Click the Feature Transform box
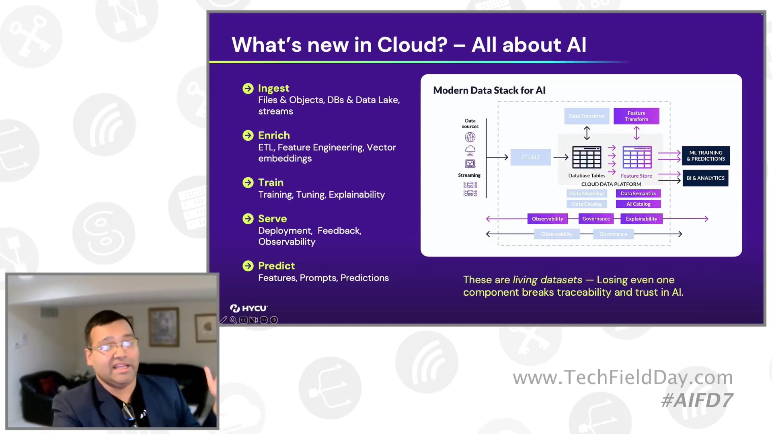pyautogui.click(x=636, y=116)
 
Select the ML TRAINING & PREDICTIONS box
pyautogui.click(x=706, y=156)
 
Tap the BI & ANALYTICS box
pyautogui.click(x=705, y=178)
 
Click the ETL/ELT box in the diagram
pyautogui.click(x=530, y=157)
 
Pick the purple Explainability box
pyautogui.click(x=641, y=219)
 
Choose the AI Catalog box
pyautogui.click(x=638, y=204)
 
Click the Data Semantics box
pyautogui.click(x=638, y=193)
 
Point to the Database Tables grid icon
pyautogui.click(x=587, y=157)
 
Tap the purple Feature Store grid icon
pyautogui.click(x=637, y=157)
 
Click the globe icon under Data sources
pyautogui.click(x=470, y=137)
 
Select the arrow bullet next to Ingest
pyautogui.click(x=248, y=88)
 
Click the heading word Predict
pyautogui.click(x=276, y=266)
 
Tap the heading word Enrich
pyautogui.click(x=274, y=135)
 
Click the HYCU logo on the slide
pyautogui.click(x=248, y=308)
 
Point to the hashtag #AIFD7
pyautogui.click(x=697, y=400)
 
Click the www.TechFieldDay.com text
pyautogui.click(x=622, y=377)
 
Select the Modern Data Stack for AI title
pyautogui.click(x=489, y=90)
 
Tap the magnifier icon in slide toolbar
pyautogui.click(x=233, y=320)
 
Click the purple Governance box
pyautogui.click(x=596, y=219)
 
